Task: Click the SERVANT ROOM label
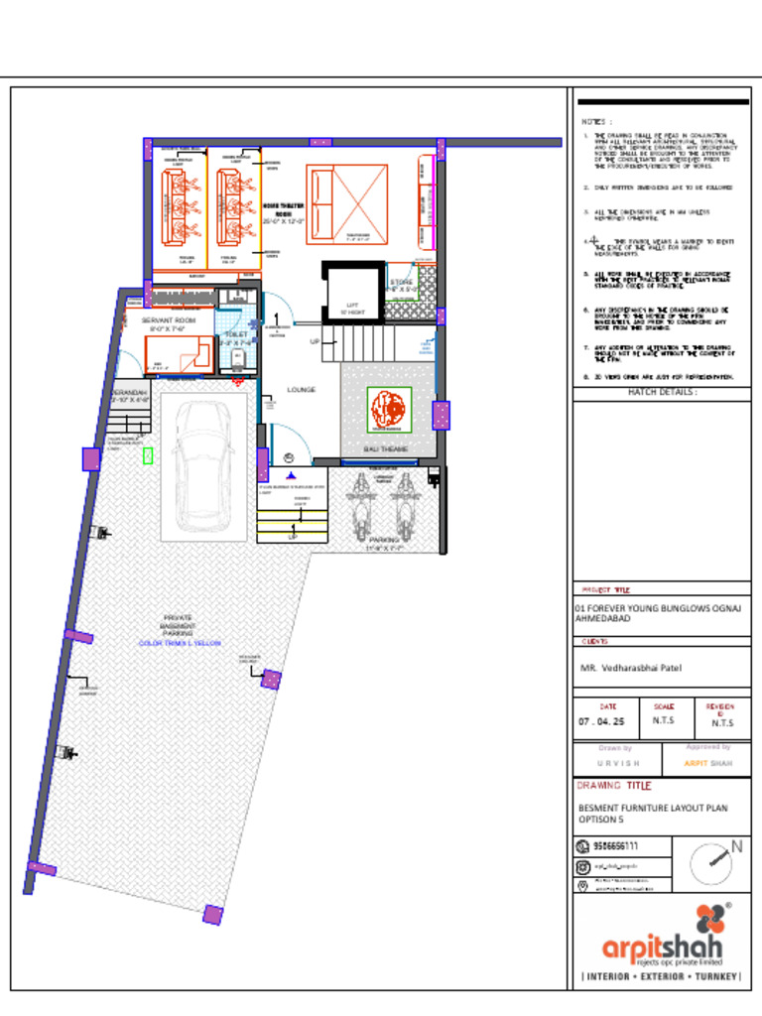(x=168, y=321)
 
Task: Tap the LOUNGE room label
(x=302, y=390)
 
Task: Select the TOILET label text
(x=237, y=335)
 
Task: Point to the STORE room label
(x=402, y=283)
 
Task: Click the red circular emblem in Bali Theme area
(x=389, y=410)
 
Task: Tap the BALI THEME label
(x=385, y=450)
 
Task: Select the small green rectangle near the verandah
(x=148, y=455)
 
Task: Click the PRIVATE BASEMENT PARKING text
(x=178, y=626)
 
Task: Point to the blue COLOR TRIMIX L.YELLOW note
(x=180, y=644)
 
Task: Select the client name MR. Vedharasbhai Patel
(x=631, y=669)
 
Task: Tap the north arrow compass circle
(x=710, y=863)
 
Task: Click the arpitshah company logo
(x=663, y=938)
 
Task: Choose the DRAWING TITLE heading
(x=614, y=786)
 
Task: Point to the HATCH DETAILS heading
(x=662, y=393)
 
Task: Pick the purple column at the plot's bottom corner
(x=212, y=915)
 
